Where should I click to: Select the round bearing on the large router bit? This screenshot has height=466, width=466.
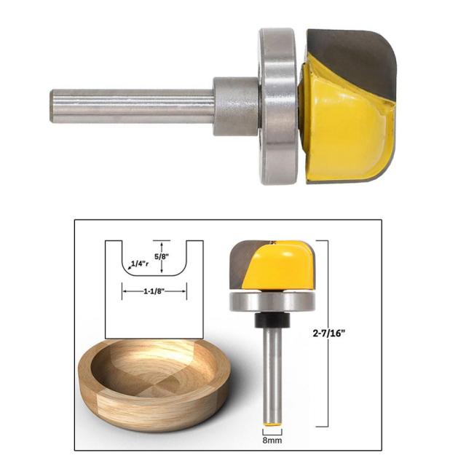click(279, 106)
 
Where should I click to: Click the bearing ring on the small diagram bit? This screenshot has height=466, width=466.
click(272, 301)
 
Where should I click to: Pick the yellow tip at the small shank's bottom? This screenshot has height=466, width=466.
click(272, 424)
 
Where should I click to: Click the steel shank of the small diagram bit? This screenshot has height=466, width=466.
click(272, 371)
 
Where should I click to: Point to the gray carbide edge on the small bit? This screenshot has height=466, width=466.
click(240, 266)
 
